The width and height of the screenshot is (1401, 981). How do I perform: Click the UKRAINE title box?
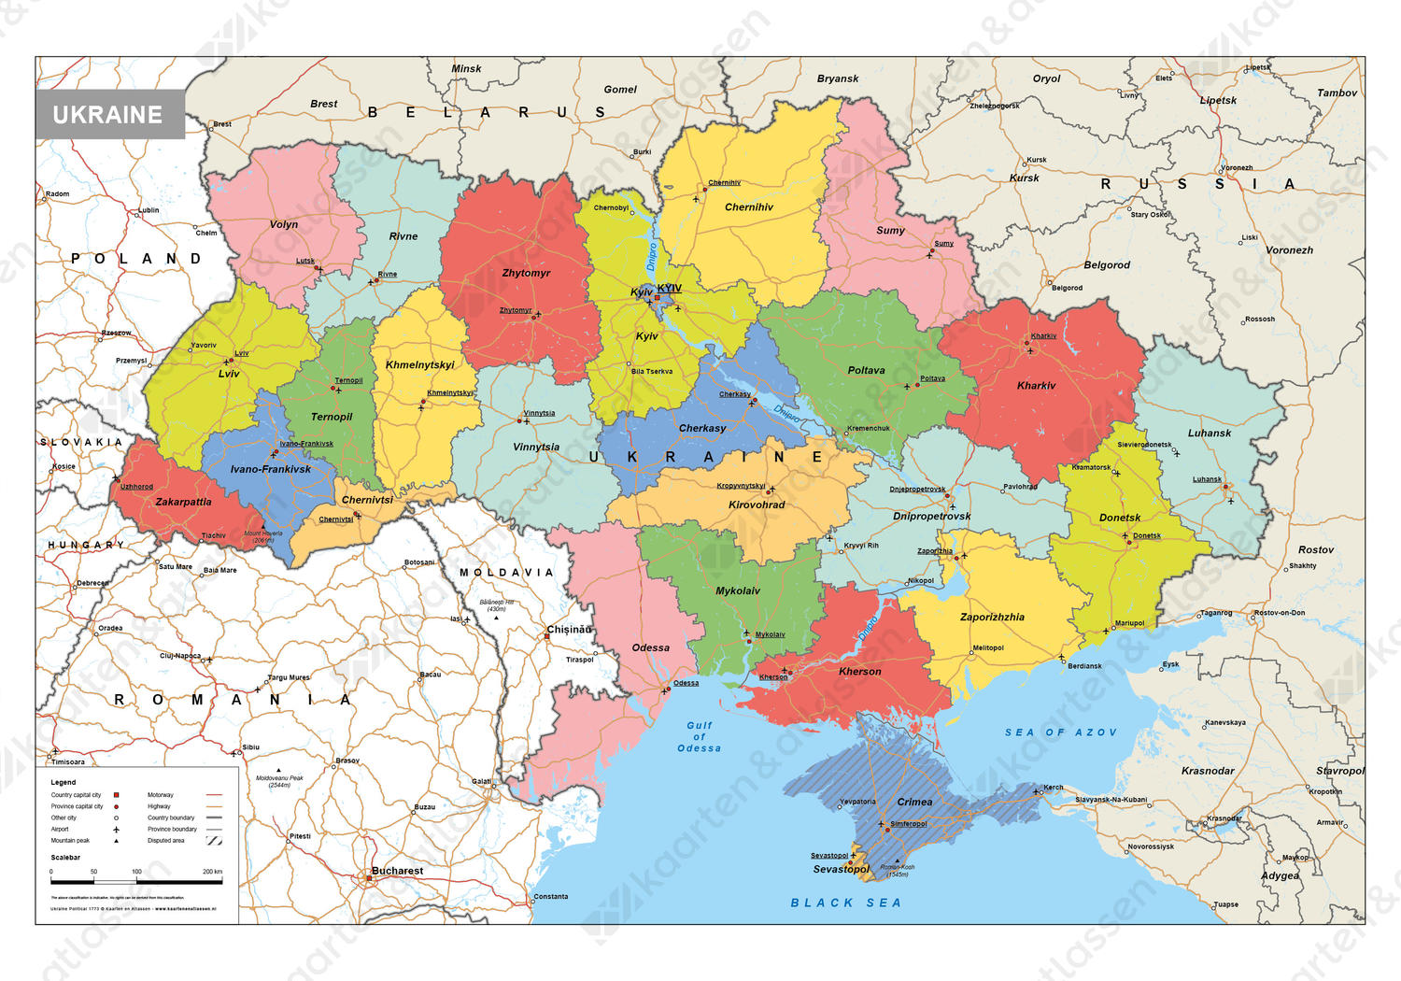coord(108,115)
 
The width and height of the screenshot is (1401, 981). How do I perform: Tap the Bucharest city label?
coord(397,871)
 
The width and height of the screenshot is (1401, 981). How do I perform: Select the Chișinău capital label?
coord(569,630)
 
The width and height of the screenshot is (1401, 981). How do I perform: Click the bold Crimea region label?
coord(914,802)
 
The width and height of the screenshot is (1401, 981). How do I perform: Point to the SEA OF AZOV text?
coord(1060,732)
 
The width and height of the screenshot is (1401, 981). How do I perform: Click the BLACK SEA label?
coord(846,903)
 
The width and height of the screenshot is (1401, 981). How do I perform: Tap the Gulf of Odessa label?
coord(700,736)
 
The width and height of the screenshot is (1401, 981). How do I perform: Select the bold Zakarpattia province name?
coord(183,502)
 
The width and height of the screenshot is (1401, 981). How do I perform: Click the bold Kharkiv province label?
coord(1036,385)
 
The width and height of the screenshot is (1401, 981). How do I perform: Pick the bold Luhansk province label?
coord(1209,433)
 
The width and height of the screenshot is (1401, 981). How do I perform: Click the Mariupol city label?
coord(1129,623)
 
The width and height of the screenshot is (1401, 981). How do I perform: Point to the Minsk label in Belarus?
coord(466,68)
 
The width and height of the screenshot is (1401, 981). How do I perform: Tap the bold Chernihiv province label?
coord(749,207)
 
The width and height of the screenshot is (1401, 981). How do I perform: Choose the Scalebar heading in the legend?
coord(65,857)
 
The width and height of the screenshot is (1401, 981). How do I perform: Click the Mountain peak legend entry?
coord(70,840)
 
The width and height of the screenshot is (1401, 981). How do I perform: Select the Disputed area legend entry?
coord(166,840)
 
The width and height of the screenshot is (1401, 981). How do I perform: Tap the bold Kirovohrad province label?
coord(757,505)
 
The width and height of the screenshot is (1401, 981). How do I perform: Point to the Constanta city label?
coord(550,896)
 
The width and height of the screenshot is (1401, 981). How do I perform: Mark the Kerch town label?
coord(1054,787)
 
